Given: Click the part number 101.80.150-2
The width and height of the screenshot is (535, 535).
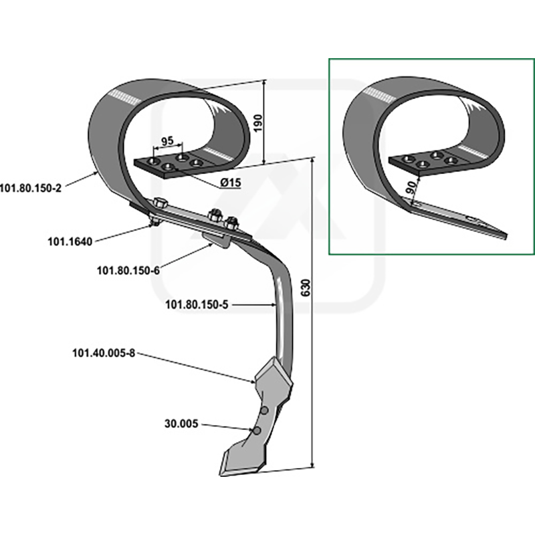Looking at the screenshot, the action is point(31,188).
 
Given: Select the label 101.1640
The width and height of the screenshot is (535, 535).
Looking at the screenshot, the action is point(70,241).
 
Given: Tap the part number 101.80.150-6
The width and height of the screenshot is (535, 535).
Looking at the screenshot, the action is point(128,271).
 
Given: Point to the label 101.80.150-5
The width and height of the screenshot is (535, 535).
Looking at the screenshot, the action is point(197,304).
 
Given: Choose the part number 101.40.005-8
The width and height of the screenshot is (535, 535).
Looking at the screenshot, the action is point(104,353).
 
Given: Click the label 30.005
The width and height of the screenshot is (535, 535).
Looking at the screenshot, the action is point(181,424).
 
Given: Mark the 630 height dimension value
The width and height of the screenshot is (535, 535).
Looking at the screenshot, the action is point(306,288).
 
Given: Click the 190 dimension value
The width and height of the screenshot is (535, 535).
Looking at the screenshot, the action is point(258,124).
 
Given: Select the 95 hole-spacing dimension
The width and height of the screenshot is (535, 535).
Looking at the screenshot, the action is point(167,141).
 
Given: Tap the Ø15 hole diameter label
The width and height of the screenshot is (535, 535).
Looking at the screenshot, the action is point(231,183).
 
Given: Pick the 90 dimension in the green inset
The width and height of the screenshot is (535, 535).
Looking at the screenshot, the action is point(412,187).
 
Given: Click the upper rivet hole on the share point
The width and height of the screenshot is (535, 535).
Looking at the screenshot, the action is point(264,411).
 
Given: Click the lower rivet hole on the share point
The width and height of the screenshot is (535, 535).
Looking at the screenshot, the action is point(257,431).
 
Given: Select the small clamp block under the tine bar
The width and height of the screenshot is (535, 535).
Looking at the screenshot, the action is point(216,240).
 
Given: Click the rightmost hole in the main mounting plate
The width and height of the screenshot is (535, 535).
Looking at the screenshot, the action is point(196,163).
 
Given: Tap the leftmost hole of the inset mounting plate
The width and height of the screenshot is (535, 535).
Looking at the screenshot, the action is point(407,158).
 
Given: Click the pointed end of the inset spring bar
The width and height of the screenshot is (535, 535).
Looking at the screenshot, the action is point(506,235).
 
